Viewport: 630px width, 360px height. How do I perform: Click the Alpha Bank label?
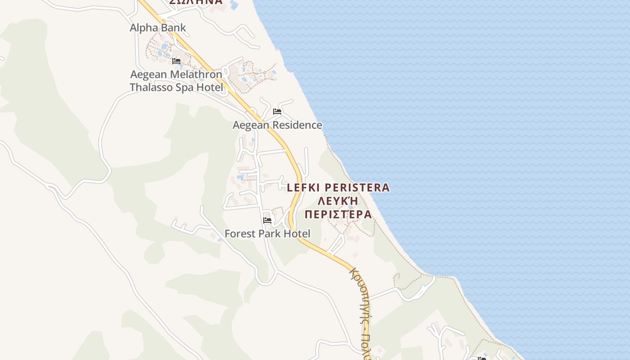coord(157,28)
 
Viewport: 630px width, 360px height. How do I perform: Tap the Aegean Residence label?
coord(277,125)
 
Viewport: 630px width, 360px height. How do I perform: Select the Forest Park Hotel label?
coord(267,234)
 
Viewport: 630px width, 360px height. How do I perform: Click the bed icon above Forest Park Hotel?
coord(267,220)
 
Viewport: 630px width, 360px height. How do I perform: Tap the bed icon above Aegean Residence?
coord(277,112)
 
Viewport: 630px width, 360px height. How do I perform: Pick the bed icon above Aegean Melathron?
coord(176,61)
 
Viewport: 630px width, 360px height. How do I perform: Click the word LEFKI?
coord(303,188)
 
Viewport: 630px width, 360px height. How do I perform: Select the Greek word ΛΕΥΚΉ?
coord(338,201)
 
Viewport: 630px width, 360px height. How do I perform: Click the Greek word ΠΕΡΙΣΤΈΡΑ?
coord(338,214)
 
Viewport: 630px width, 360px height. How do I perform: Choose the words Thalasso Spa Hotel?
coord(176,87)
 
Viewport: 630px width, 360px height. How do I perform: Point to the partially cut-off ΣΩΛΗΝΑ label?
coord(196,2)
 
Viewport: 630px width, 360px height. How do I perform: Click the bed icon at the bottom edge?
coord(482,358)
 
